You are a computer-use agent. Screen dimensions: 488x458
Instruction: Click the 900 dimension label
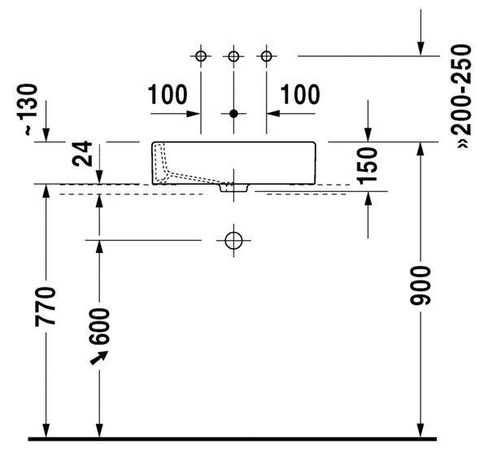click(420, 286)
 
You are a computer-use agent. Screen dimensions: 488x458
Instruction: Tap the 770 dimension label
click(46, 307)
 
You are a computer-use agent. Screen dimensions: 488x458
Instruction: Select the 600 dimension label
click(99, 326)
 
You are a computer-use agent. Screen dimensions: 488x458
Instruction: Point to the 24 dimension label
click(82, 154)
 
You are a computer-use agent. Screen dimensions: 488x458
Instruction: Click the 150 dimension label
click(368, 166)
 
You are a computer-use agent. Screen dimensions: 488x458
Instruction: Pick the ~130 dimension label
click(28, 110)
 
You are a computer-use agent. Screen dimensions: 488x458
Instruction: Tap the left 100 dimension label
click(168, 94)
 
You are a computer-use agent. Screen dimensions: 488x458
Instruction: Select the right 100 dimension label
click(300, 94)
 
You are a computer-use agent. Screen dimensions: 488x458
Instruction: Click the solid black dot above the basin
click(233, 114)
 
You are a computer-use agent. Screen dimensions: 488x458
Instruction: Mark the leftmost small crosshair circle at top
click(201, 56)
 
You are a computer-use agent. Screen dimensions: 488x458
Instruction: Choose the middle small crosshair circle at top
click(233, 56)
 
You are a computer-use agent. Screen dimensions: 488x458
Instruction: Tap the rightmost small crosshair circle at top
click(267, 56)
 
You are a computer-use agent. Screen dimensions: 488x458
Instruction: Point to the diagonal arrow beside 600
click(99, 358)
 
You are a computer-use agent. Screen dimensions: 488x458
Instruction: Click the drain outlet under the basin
click(234, 188)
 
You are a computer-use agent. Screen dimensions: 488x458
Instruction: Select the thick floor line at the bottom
click(233, 439)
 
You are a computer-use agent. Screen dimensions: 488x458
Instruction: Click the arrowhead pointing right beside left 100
click(193, 114)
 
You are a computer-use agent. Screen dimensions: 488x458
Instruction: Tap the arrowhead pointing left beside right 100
click(273, 114)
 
